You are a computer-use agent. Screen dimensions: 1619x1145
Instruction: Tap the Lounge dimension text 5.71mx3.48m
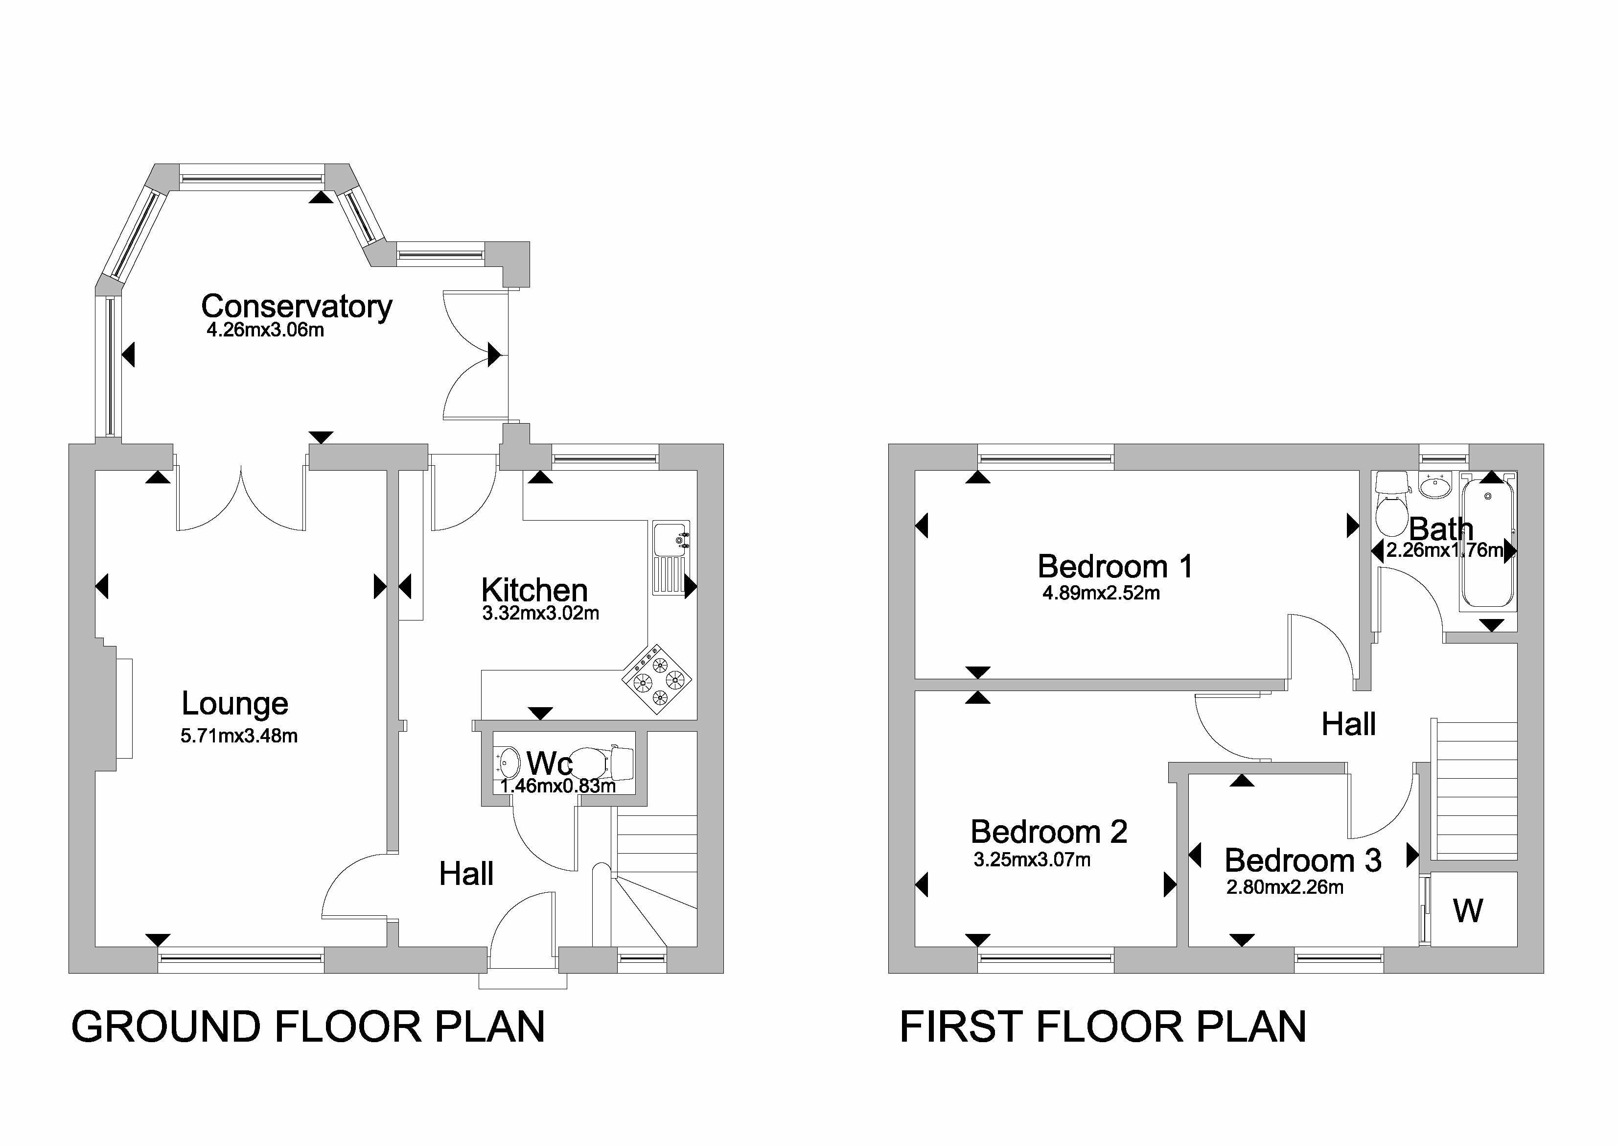(x=239, y=736)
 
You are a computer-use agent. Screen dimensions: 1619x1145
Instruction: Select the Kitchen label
(x=534, y=590)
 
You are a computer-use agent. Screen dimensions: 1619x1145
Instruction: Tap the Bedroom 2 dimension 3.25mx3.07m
(x=1032, y=859)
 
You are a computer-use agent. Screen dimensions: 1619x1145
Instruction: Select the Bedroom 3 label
(x=1302, y=860)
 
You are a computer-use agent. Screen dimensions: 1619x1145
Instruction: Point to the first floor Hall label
(x=1348, y=724)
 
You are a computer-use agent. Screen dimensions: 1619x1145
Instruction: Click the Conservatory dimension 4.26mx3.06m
(x=265, y=330)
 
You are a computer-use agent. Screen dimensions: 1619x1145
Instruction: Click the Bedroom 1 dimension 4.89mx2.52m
(x=1101, y=593)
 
